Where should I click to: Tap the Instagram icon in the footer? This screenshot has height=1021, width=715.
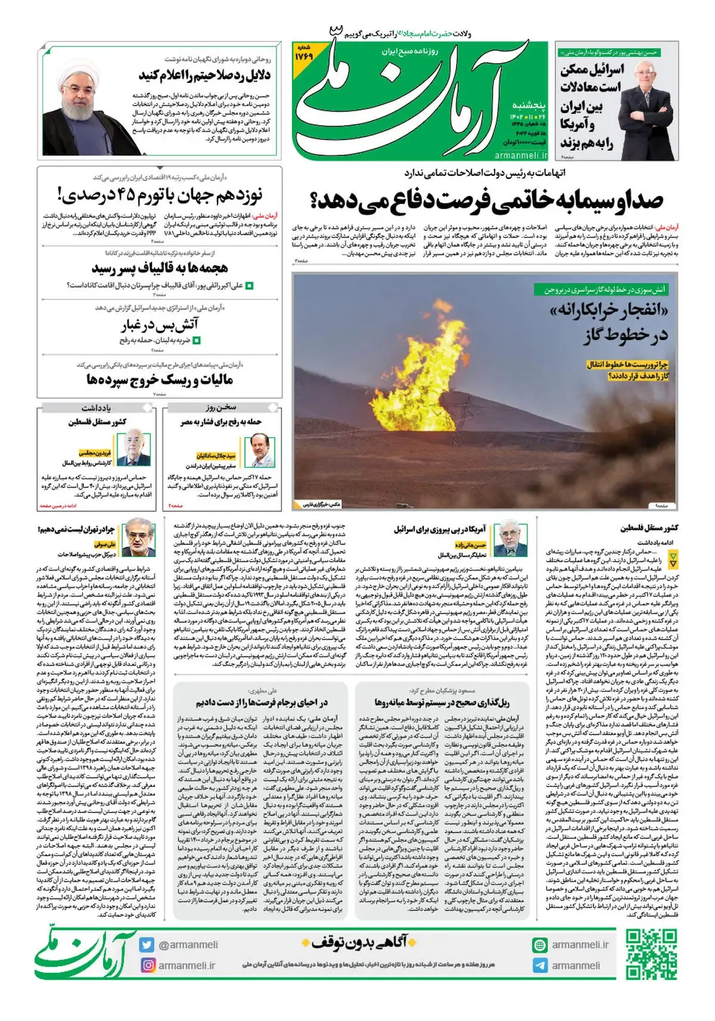pyautogui.click(x=148, y=965)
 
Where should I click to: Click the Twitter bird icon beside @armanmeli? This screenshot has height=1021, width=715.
pyautogui.click(x=147, y=945)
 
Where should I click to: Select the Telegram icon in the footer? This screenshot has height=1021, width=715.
pyautogui.click(x=540, y=966)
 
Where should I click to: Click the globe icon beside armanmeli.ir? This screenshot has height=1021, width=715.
pyautogui.click(x=540, y=945)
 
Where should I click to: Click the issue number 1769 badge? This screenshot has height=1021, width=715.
pyautogui.click(x=303, y=53)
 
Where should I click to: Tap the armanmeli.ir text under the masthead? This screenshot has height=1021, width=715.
pyautogui.click(x=520, y=155)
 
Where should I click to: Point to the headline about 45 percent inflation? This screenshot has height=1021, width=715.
pyautogui.click(x=160, y=195)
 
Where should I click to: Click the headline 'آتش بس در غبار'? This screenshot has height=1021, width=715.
pyautogui.click(x=160, y=325)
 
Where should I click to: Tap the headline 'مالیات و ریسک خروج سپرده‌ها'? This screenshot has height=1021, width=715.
pyautogui.click(x=160, y=379)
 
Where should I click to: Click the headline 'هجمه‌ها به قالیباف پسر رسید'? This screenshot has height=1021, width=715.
pyautogui.click(x=160, y=268)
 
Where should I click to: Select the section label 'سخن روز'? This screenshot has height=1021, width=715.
pyautogui.click(x=221, y=407)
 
